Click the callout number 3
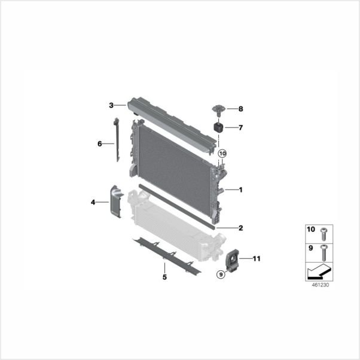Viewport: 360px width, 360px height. tap(111, 105)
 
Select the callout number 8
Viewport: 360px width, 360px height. tap(240, 109)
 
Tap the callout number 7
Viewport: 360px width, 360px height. tap(240, 127)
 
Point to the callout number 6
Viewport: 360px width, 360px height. tap(100, 144)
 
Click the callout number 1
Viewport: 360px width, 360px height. tap(240, 190)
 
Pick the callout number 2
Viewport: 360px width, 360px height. tap(240, 228)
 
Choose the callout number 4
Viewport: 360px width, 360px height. tap(93, 202)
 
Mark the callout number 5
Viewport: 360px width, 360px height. tap(164, 277)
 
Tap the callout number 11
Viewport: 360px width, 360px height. tap(257, 259)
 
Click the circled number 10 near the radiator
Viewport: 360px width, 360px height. tap(222, 153)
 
